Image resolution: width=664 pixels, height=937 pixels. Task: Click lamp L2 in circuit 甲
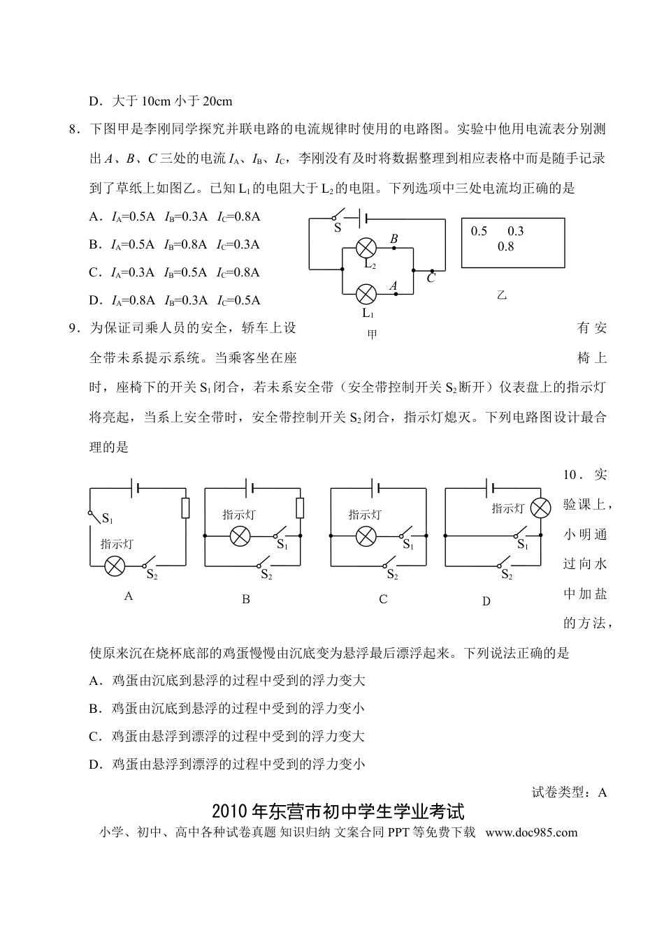(x=366, y=248)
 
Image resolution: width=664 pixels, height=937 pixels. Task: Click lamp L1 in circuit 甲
(x=366, y=294)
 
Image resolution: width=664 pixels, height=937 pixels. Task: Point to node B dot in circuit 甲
(x=394, y=248)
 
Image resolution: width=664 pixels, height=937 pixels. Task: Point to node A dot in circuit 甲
(x=396, y=294)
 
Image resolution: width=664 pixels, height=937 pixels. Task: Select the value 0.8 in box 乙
(x=505, y=246)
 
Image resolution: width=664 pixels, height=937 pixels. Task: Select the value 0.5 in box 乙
(x=479, y=231)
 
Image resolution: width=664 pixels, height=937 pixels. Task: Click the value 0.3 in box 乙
(x=515, y=231)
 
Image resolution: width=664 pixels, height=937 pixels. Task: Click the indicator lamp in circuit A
(x=115, y=566)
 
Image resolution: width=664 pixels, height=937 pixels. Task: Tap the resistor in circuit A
(x=185, y=508)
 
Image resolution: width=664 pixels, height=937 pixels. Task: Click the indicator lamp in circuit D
(x=540, y=508)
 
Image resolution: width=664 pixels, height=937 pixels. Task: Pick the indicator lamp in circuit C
(x=366, y=536)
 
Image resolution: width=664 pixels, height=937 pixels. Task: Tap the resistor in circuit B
(x=300, y=508)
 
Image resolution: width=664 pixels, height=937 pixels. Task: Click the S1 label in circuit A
(x=108, y=519)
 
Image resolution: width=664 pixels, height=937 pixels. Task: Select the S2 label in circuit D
(x=507, y=575)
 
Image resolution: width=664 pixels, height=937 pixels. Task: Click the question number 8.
(x=74, y=129)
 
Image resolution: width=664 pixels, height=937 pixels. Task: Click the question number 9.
(x=74, y=328)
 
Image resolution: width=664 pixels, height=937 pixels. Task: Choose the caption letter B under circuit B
(x=246, y=600)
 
